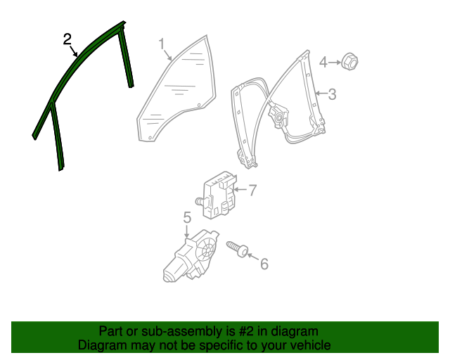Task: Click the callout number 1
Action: pyautogui.click(x=161, y=44)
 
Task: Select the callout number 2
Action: pyautogui.click(x=67, y=39)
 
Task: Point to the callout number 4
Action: pyautogui.click(x=323, y=63)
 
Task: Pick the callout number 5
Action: pyautogui.click(x=187, y=217)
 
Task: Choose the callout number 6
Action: pyautogui.click(x=264, y=264)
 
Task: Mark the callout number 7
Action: pyautogui.click(x=253, y=189)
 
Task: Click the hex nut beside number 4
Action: pyautogui.click(x=349, y=62)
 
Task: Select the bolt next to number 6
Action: pyautogui.click(x=238, y=249)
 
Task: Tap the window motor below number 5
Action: pyautogui.click(x=190, y=257)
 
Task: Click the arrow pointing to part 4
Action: pyautogui.click(x=333, y=63)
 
